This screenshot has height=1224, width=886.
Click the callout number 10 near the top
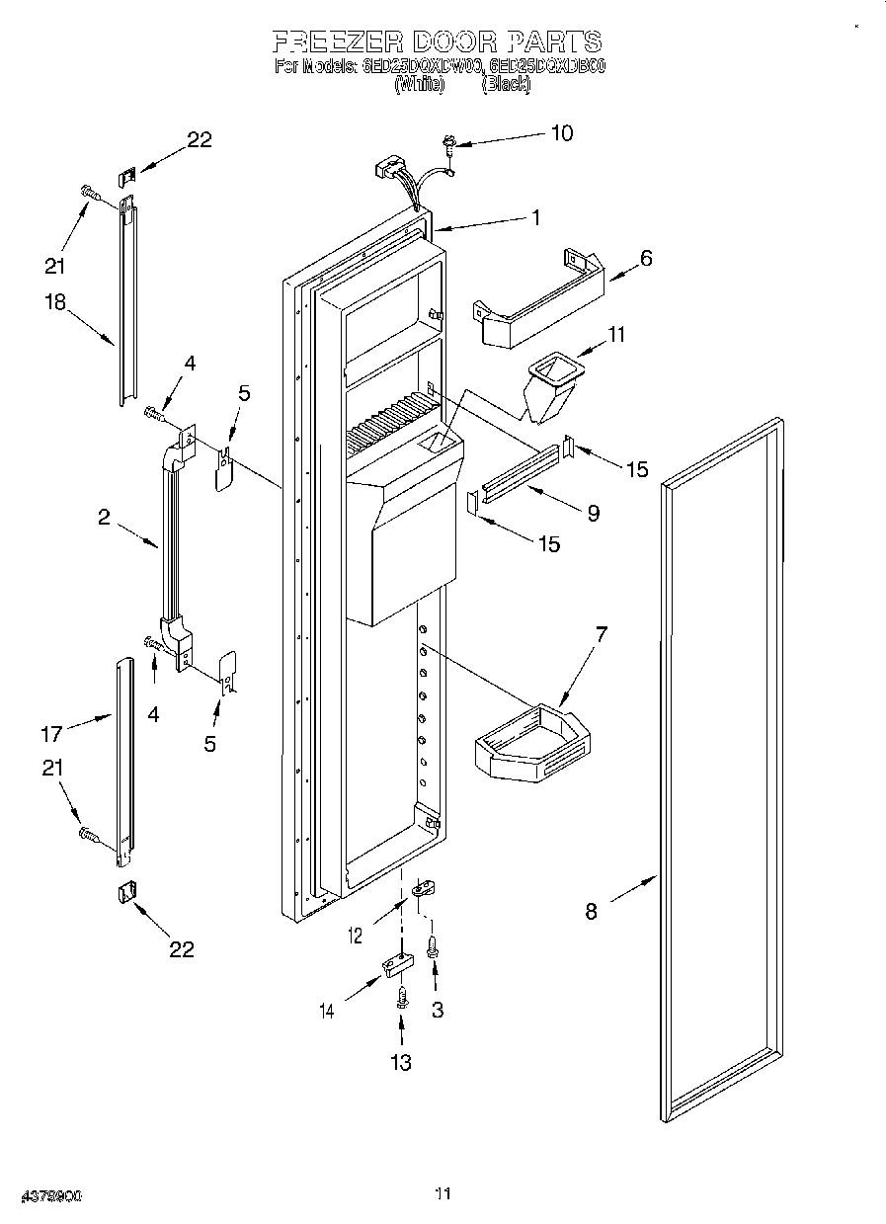tap(561, 133)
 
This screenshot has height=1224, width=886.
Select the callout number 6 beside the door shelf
tap(646, 258)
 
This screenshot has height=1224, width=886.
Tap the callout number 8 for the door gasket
tap(591, 911)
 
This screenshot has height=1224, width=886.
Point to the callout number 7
tap(601, 633)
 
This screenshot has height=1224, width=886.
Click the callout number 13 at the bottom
tap(400, 1063)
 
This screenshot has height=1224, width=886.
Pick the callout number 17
tap(51, 733)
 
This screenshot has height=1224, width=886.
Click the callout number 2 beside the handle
tap(104, 516)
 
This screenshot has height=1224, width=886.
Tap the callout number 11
tap(616, 335)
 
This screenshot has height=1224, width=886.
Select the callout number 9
tap(593, 512)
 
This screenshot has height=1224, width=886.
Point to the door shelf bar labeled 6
tap(538, 296)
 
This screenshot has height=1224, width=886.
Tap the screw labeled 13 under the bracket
tap(401, 997)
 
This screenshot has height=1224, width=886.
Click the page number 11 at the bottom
tap(443, 1194)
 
